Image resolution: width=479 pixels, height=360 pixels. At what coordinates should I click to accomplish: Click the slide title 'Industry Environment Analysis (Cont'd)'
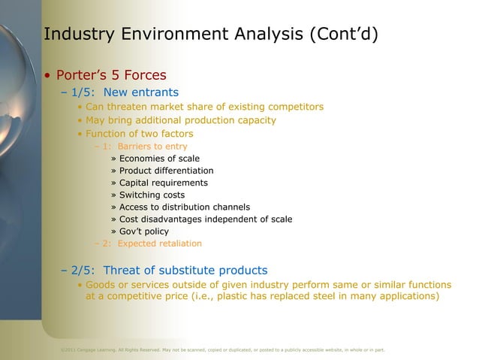click(211, 35)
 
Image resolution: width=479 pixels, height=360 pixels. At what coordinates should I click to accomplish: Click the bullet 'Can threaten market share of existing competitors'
click(204, 107)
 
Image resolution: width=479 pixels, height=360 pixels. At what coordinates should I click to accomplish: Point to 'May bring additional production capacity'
click(180, 120)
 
